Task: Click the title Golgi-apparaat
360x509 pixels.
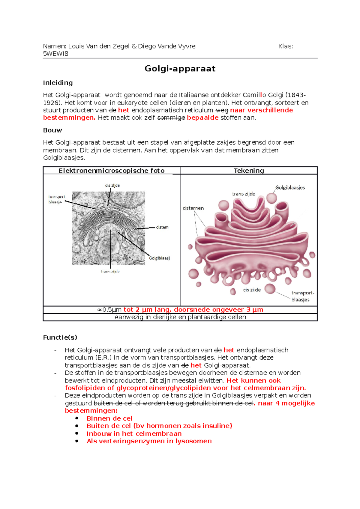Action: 180,69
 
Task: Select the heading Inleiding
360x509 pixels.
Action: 58,83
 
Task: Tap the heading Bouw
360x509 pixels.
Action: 52,130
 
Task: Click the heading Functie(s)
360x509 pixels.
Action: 60,338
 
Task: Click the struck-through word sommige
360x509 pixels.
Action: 171,118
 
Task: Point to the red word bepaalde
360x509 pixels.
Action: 202,118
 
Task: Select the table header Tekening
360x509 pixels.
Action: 249,171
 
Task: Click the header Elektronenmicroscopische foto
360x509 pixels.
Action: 112,171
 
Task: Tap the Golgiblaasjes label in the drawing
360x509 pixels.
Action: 290,188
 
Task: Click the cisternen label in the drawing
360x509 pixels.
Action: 193,208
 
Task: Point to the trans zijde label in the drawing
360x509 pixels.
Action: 243,194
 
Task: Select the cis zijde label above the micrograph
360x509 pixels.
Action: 112,186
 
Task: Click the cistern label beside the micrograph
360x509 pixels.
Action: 162,227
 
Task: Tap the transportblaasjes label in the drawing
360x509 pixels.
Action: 302,296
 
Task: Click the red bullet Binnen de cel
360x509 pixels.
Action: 109,418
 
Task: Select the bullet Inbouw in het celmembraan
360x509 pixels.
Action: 134,434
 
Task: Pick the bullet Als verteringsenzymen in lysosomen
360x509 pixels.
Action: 149,441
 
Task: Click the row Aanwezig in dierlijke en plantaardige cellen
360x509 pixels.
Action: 180,317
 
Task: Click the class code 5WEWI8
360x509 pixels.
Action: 56,54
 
